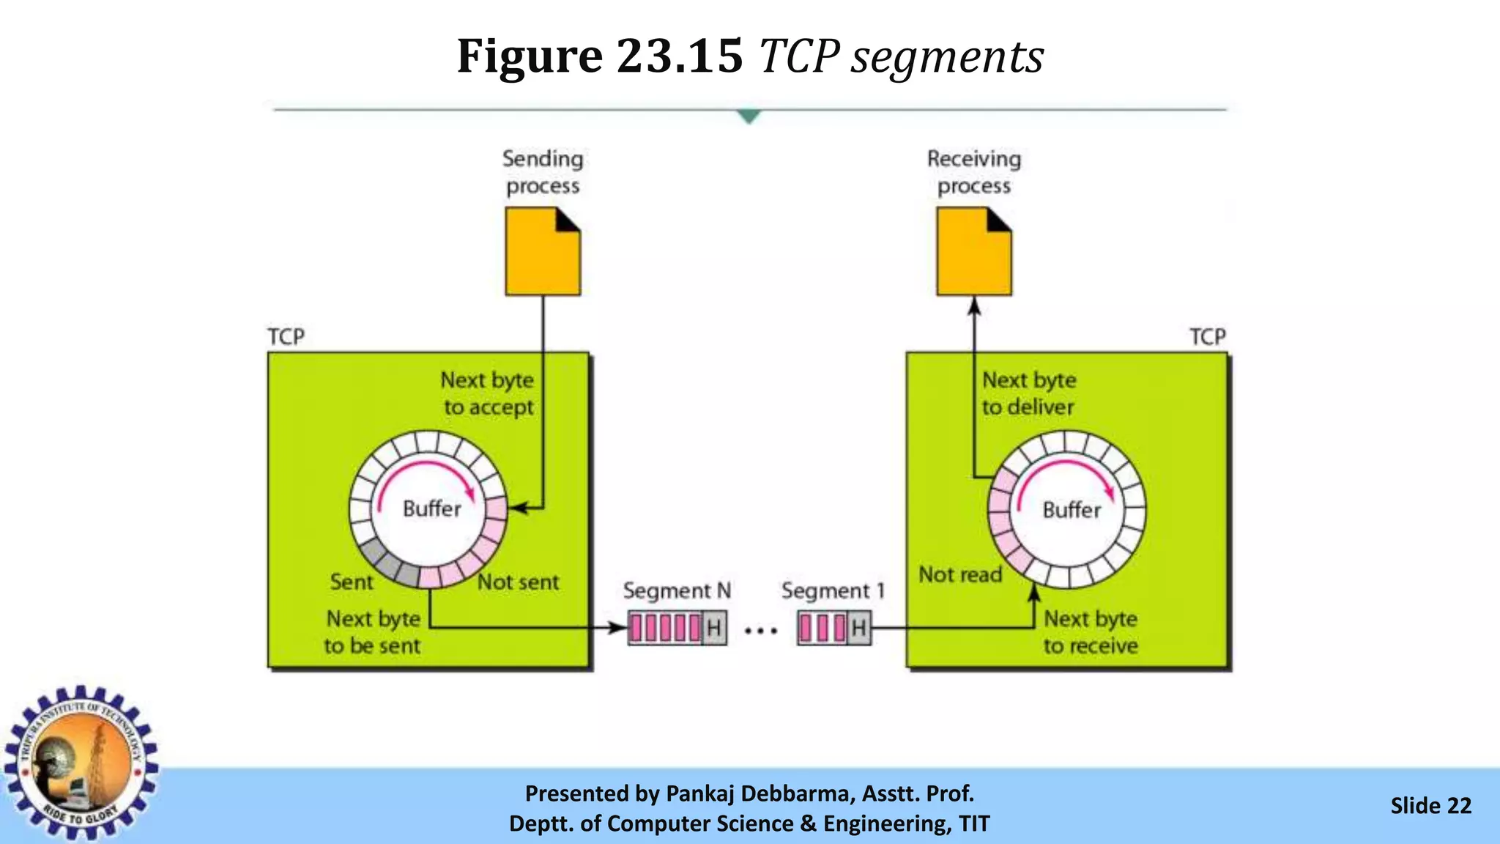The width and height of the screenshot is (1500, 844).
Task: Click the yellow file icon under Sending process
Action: (542, 253)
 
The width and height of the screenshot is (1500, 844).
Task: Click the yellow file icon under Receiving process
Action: (973, 253)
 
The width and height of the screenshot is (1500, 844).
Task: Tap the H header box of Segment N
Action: (715, 628)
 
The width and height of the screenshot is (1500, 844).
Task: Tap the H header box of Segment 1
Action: (859, 628)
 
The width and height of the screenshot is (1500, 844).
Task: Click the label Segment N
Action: (677, 591)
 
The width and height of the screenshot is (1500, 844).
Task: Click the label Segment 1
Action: (833, 591)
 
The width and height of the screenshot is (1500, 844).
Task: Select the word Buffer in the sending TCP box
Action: (432, 508)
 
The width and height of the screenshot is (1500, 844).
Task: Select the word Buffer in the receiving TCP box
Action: (1072, 510)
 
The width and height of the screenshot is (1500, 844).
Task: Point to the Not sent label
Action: (519, 582)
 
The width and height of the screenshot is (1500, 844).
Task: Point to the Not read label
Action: (960, 575)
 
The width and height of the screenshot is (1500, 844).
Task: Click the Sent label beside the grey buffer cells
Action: (352, 582)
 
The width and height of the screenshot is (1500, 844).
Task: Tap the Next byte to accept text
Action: (488, 393)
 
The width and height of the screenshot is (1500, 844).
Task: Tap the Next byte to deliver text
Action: (1028, 393)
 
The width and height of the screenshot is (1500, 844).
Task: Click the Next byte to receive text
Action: (1091, 632)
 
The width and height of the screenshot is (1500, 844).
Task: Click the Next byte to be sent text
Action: (373, 632)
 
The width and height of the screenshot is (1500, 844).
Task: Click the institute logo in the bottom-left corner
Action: (81, 762)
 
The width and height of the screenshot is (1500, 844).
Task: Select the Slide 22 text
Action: (1430, 806)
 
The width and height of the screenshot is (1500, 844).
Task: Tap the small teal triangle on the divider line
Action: (749, 116)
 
